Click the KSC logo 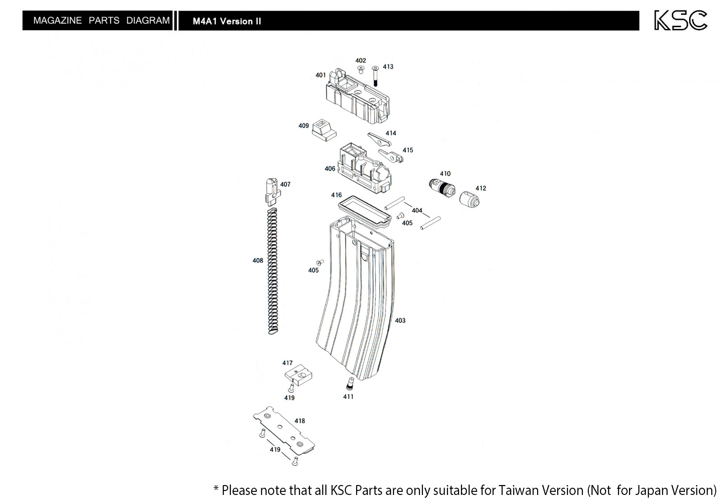click(x=681, y=20)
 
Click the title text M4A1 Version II click(x=227, y=21)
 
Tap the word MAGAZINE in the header click(x=57, y=20)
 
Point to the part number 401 click(x=320, y=75)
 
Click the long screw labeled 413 click(x=375, y=76)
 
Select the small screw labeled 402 click(x=361, y=70)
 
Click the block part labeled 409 click(x=324, y=130)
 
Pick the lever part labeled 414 click(x=379, y=139)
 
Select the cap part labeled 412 click(x=469, y=199)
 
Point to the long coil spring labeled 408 click(x=273, y=271)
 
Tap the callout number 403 click(x=400, y=320)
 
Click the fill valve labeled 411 click(x=350, y=384)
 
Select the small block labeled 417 click(x=298, y=375)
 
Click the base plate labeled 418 click(x=284, y=431)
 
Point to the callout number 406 click(x=330, y=169)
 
